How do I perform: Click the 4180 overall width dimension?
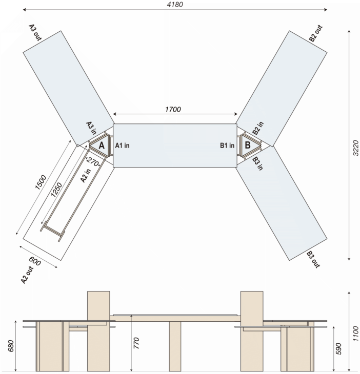(x=175, y=4)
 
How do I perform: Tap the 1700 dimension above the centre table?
(x=173, y=109)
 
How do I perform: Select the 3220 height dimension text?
(x=356, y=148)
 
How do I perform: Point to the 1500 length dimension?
(x=41, y=182)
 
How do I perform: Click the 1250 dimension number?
(x=56, y=190)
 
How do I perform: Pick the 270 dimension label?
(x=93, y=161)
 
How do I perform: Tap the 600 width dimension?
(x=35, y=261)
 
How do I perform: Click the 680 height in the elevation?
(x=11, y=346)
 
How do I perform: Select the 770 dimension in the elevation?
(x=136, y=343)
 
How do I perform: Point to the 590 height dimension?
(x=338, y=349)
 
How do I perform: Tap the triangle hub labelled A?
(x=99, y=146)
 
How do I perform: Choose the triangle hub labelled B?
(x=250, y=145)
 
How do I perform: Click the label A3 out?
(x=35, y=32)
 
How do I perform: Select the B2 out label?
(x=315, y=33)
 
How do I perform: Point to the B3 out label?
(x=313, y=260)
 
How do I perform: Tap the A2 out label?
(x=28, y=275)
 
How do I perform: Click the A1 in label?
(x=122, y=146)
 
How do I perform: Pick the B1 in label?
(x=227, y=146)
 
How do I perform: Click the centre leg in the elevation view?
(x=175, y=346)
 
